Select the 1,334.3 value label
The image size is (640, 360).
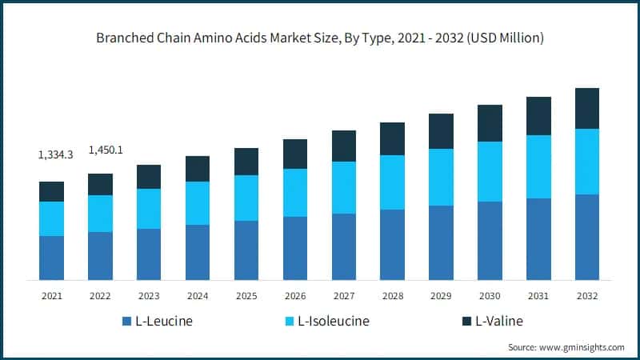tap(55, 154)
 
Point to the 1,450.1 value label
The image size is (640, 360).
tap(104, 150)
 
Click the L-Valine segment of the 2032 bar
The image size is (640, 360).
tap(586, 108)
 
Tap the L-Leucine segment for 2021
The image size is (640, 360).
tap(51, 258)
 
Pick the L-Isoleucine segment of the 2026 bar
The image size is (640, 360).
tap(295, 193)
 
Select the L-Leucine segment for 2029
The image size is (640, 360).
tap(441, 242)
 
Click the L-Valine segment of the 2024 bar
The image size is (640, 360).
tap(198, 169)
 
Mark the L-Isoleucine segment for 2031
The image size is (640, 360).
tap(538, 166)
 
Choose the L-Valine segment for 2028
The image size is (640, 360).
tap(392, 138)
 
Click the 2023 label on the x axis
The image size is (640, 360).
tap(149, 296)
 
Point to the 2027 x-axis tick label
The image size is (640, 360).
tap(343, 296)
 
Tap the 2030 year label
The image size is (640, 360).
tap(490, 296)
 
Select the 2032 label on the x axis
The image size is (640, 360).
tap(586, 296)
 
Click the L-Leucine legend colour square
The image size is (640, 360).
tap(126, 322)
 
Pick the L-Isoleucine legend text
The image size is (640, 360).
tap(334, 322)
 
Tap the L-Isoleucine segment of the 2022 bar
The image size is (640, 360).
tap(100, 214)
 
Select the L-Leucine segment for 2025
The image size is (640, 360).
tap(246, 250)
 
